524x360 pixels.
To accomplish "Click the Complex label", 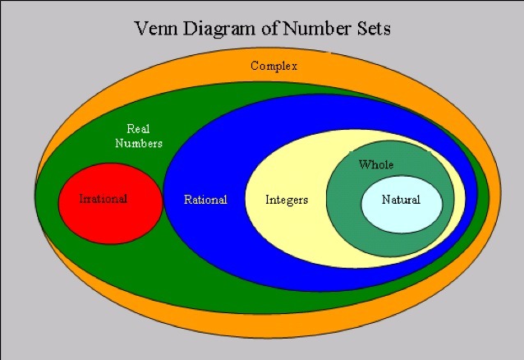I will [x=273, y=66].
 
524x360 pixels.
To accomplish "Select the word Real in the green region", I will [x=138, y=129].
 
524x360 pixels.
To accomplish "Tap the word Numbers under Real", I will [x=138, y=143].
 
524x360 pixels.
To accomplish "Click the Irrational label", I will [x=103, y=199].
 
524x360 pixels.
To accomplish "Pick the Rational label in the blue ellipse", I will [x=205, y=200].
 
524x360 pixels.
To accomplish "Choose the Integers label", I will [x=287, y=200].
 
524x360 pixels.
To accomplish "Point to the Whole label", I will [x=376, y=165].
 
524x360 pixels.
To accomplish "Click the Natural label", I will [x=401, y=200].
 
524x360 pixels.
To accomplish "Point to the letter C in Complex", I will [x=255, y=66].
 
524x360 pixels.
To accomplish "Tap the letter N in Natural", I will [x=386, y=200].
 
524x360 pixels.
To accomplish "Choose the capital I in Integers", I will [x=268, y=200].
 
